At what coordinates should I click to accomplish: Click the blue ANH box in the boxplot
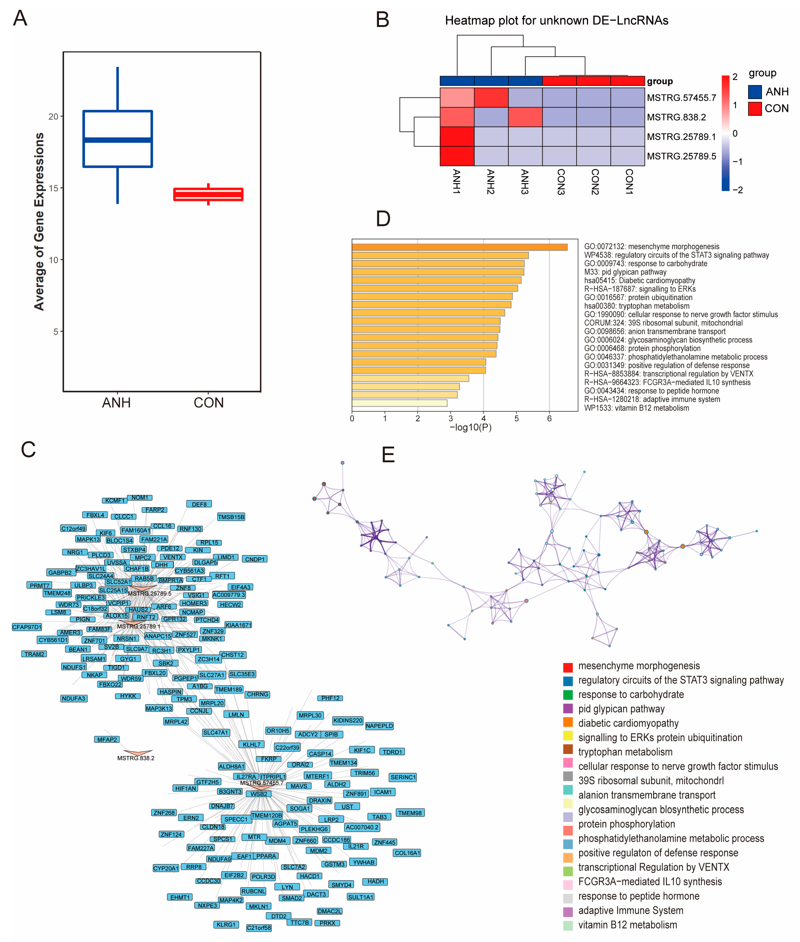pos(117,139)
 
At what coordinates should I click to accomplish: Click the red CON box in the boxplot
pos(208,194)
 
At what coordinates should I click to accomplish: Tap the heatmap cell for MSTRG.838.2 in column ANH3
pos(525,117)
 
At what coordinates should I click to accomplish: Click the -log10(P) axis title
pos(470,427)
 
